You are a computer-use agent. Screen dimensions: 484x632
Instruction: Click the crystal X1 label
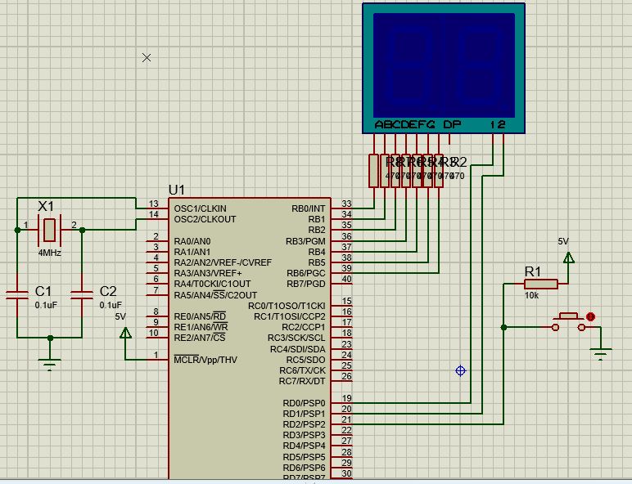46,205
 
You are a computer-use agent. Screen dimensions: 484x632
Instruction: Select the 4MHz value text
49,253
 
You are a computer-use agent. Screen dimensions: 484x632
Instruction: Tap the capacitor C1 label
43,291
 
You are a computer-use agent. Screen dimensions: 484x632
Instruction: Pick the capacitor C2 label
108,291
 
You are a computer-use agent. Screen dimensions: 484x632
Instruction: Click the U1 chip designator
177,190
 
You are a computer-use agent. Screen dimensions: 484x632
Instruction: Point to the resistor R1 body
541,284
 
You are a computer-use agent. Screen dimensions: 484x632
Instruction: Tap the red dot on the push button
589,316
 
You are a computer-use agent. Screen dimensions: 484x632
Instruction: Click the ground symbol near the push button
602,354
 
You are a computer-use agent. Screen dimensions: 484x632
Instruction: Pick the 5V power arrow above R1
569,258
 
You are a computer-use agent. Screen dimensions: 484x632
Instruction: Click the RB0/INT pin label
308,208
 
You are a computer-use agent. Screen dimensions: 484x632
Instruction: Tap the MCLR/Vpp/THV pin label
205,359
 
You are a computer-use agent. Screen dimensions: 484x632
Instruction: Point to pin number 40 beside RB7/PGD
346,279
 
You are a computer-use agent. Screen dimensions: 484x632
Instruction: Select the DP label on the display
452,125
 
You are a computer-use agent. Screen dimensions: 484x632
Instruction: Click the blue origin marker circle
460,370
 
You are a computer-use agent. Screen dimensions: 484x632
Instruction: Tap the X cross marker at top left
147,57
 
